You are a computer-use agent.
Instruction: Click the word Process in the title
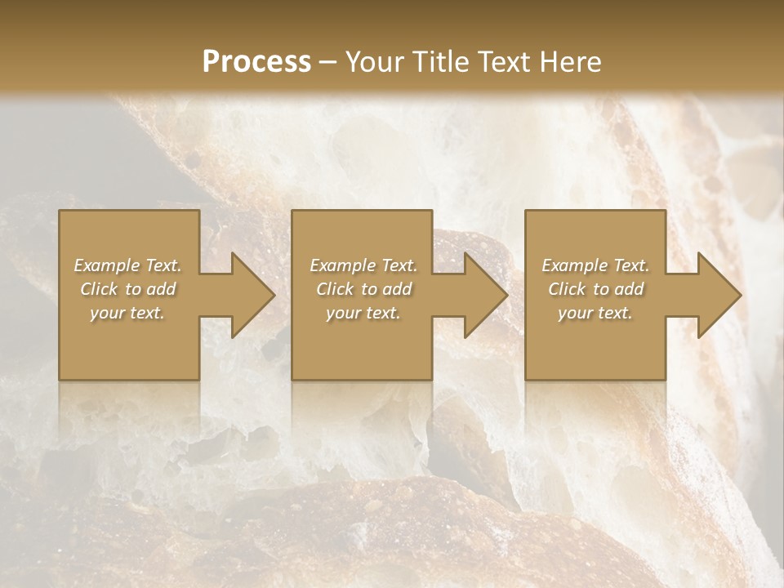[256, 62]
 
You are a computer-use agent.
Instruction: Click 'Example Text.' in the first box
[127, 265]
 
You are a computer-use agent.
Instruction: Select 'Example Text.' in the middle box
[363, 265]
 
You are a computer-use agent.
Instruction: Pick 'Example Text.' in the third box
[595, 265]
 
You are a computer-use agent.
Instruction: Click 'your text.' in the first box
[127, 313]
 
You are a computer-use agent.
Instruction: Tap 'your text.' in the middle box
[363, 313]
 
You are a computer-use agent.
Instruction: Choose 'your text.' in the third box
[595, 313]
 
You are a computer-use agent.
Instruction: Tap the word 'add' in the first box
[161, 289]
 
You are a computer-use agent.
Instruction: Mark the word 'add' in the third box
[629, 289]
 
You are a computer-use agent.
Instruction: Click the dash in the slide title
[328, 62]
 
